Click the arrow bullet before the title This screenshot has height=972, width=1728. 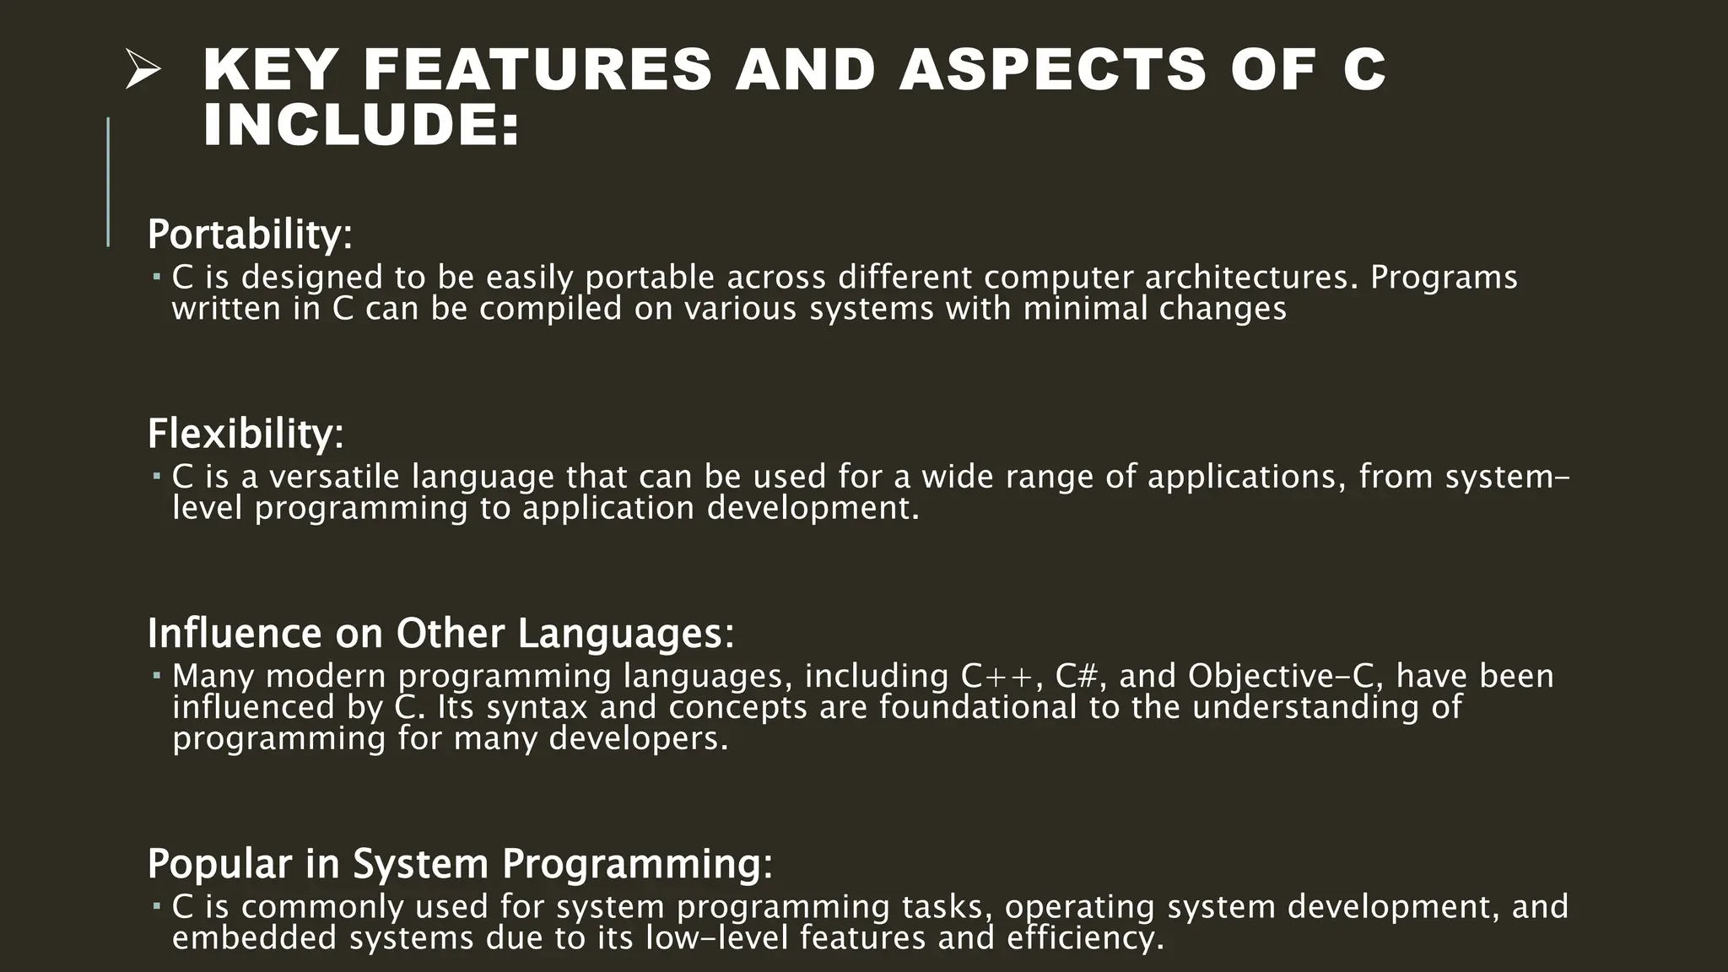(142, 70)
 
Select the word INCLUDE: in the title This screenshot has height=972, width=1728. (362, 126)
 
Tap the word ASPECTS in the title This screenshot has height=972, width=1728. (1052, 70)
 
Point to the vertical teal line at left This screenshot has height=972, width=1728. (108, 181)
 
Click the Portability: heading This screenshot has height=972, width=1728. (250, 235)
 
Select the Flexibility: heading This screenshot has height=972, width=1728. (246, 435)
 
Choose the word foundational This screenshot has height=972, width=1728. (978, 707)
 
